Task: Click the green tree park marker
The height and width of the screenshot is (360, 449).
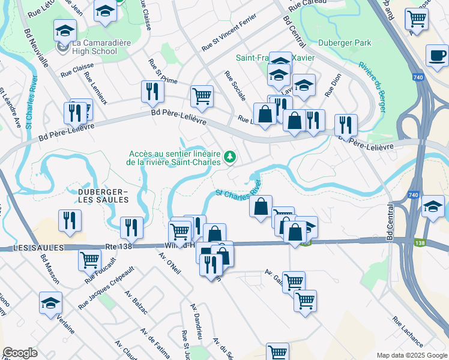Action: coord(229,157)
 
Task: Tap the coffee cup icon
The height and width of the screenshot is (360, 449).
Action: coord(437,55)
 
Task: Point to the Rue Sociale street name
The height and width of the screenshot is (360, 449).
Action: coord(235,86)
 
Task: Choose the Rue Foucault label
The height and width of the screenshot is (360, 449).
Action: coord(97,276)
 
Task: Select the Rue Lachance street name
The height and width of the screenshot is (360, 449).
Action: coord(408,332)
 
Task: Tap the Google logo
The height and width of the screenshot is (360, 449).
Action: coord(20,353)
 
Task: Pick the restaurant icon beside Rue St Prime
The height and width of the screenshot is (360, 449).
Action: coord(152,91)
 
